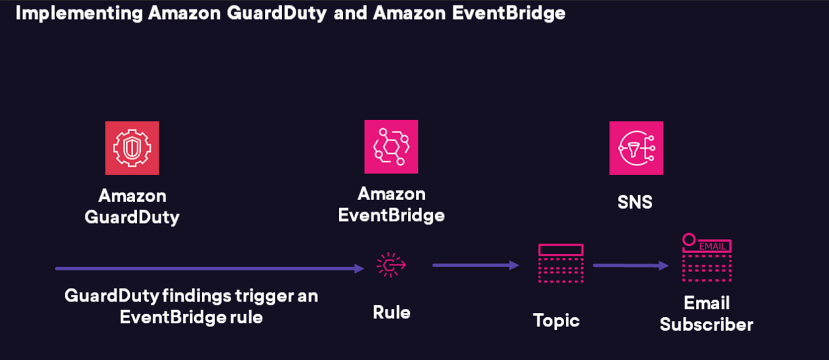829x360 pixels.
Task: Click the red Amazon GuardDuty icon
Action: (x=132, y=148)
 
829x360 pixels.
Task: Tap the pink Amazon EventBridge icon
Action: (x=391, y=146)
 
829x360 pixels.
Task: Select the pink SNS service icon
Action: (x=636, y=148)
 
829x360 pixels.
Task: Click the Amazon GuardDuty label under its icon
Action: (x=132, y=207)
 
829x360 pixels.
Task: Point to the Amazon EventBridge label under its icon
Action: (x=391, y=205)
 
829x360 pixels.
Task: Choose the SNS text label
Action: (x=635, y=202)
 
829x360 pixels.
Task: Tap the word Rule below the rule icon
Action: (x=391, y=312)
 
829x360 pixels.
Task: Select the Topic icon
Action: (x=560, y=264)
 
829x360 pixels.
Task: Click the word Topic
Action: (x=556, y=320)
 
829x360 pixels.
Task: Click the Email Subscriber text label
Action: (x=706, y=314)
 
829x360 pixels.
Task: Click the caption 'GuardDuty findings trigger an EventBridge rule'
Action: (x=191, y=306)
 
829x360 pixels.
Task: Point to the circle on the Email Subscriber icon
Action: (x=689, y=240)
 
